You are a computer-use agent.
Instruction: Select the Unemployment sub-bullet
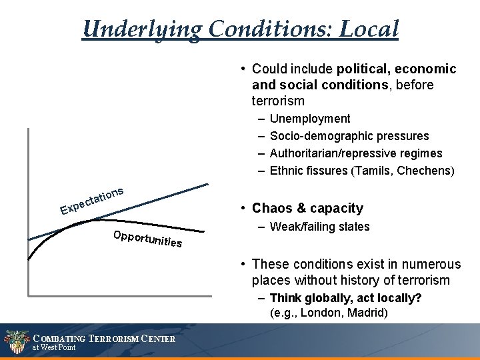[309, 119]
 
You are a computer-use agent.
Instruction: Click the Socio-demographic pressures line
[349, 136]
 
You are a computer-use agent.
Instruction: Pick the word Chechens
[425, 171]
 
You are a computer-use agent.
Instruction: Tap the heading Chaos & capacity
[307, 209]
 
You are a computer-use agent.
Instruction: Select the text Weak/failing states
[319, 227]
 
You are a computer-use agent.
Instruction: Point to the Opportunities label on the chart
[147, 239]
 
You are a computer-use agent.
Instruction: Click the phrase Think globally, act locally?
[345, 298]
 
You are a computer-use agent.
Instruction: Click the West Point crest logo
[15, 342]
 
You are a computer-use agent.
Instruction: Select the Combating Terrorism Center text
[104, 339]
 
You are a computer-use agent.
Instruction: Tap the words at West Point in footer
[54, 348]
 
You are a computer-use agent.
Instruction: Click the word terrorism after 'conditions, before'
[278, 101]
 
